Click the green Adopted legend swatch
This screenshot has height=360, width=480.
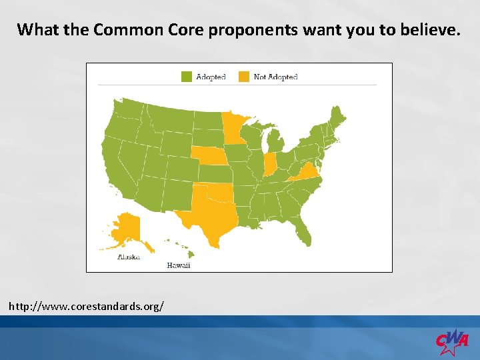187,77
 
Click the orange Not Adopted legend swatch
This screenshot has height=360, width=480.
245,77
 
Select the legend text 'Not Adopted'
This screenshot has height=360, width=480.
275,77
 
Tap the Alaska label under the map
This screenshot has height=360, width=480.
128,257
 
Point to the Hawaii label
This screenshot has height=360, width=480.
178,265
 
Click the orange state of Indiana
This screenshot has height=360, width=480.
270,163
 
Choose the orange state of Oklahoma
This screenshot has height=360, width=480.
217,193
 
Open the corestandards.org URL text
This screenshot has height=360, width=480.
86,306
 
